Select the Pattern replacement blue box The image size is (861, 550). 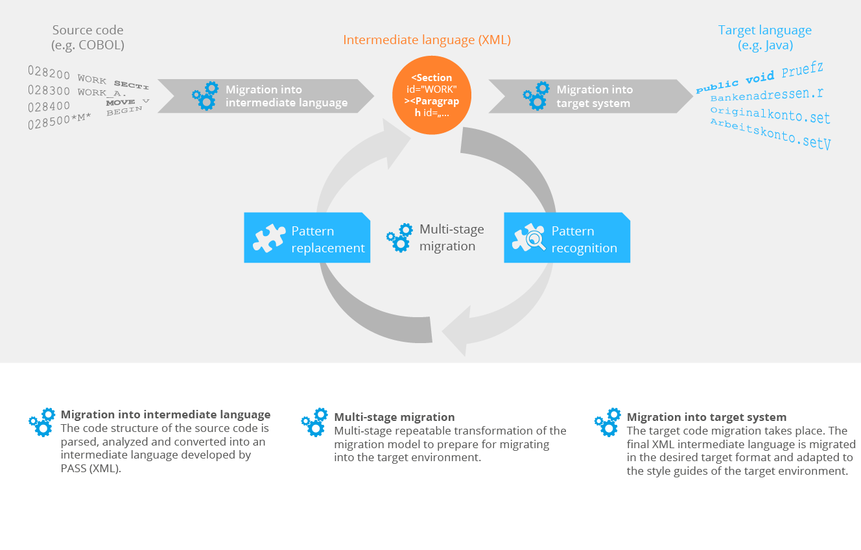click(307, 238)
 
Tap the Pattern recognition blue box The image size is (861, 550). click(567, 238)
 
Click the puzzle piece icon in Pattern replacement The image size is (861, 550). click(268, 239)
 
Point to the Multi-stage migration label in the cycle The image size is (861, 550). click(451, 237)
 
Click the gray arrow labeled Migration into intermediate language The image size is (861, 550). click(266, 96)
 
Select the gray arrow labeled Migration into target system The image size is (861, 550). click(590, 96)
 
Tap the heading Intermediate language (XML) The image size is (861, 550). click(427, 40)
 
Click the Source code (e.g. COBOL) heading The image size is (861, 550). click(88, 38)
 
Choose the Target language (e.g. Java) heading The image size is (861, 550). click(765, 38)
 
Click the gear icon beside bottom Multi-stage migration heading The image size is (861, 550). click(314, 422)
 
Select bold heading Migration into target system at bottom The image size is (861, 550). click(707, 417)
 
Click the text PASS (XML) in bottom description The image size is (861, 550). click(90, 468)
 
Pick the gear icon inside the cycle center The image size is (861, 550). click(399, 238)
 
